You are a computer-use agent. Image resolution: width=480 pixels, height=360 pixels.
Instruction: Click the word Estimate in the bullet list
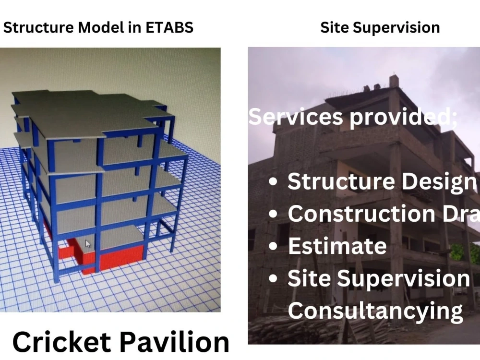(x=337, y=246)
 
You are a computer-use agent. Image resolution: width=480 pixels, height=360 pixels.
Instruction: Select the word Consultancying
(x=375, y=311)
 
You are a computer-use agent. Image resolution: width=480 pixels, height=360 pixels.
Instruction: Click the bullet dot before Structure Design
(x=274, y=182)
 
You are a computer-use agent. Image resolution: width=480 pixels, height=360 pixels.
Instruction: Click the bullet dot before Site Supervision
(x=274, y=279)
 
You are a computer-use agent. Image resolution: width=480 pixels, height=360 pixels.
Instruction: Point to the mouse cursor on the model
(x=88, y=243)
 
